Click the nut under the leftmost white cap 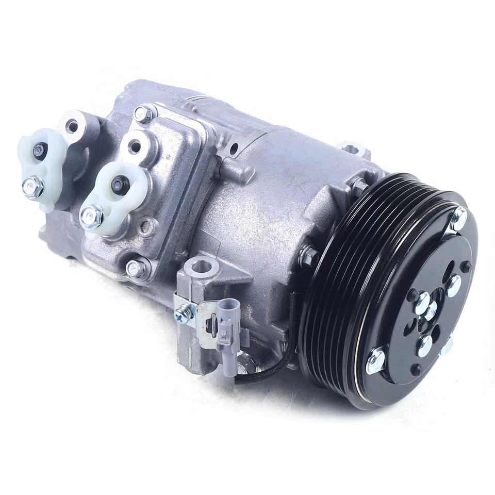32,186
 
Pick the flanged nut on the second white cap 92,215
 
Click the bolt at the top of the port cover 145,113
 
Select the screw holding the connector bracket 183,312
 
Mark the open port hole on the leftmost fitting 72,125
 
